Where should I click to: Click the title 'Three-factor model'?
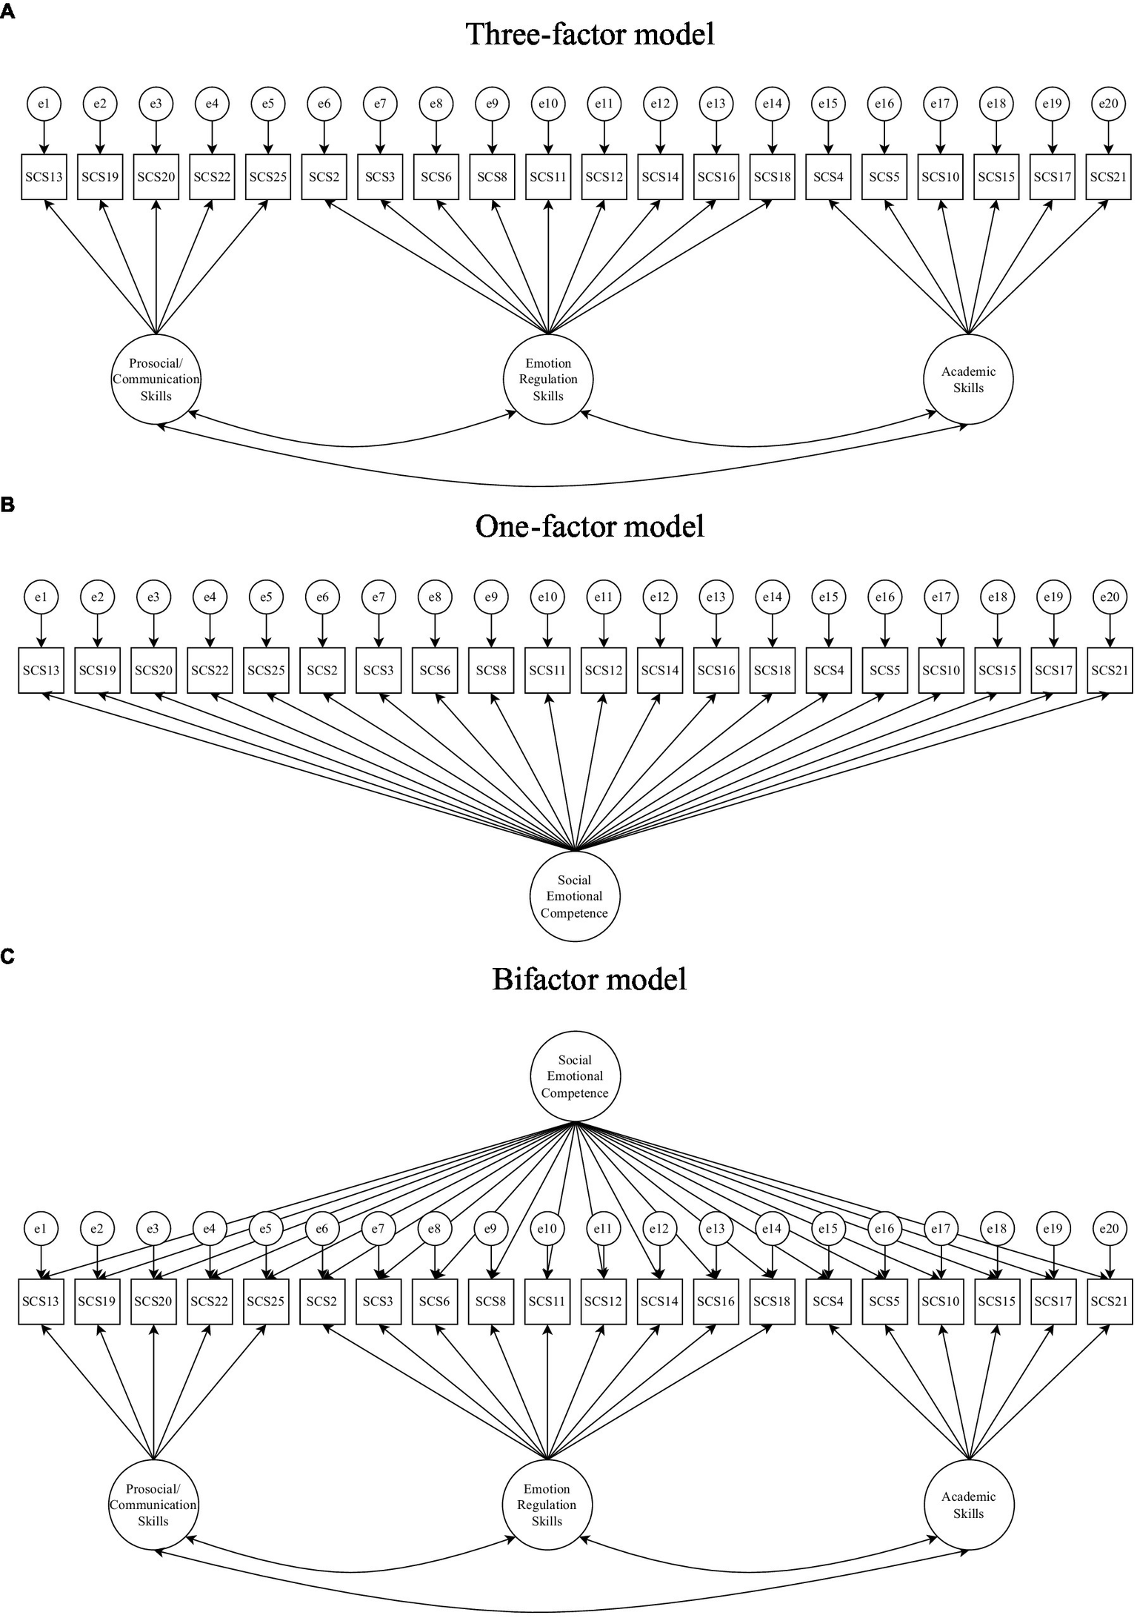[x=590, y=34]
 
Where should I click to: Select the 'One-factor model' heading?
[x=590, y=526]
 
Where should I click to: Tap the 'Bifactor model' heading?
[x=590, y=979]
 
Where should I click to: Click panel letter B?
[x=7, y=505]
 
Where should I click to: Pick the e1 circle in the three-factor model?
[x=44, y=104]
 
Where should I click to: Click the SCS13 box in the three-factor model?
[x=44, y=177]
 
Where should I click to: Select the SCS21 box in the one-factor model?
[x=1109, y=671]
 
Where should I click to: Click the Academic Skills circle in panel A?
[x=968, y=379]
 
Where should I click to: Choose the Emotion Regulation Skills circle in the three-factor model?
[x=548, y=379]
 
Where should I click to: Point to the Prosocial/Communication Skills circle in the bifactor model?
[x=153, y=1505]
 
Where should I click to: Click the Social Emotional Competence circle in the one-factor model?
[x=574, y=896]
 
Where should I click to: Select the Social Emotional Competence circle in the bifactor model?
[x=575, y=1076]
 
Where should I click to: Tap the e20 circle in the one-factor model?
[x=1109, y=597]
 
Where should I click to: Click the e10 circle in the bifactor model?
[x=547, y=1229]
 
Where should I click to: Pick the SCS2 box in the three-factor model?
[x=324, y=177]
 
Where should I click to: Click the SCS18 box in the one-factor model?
[x=772, y=671]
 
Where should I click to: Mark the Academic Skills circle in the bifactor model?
[x=968, y=1505]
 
